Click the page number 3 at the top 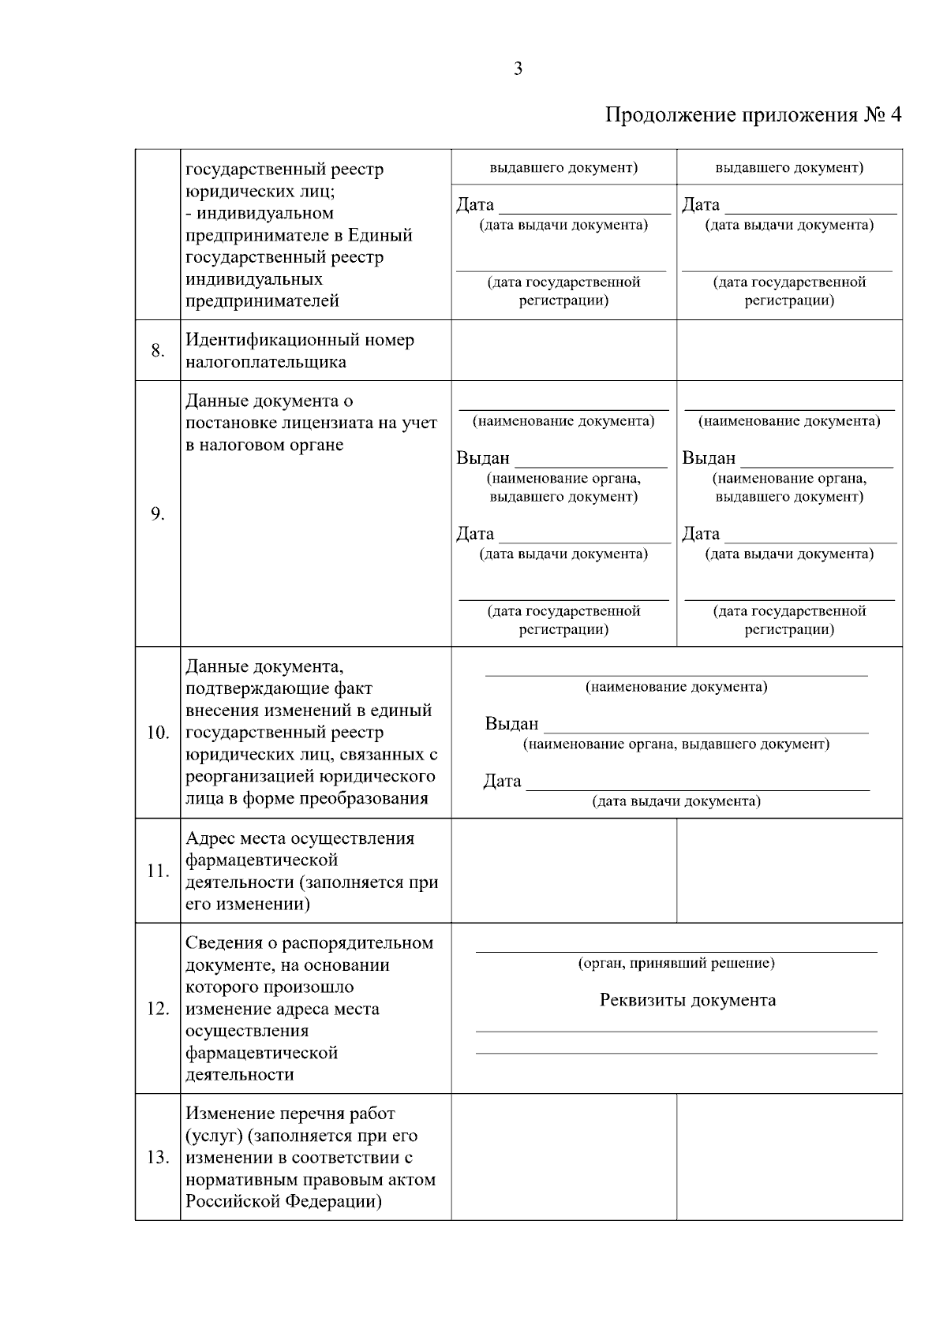tap(518, 69)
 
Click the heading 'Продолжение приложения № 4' tap(753, 115)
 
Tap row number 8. tap(158, 351)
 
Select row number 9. tap(158, 514)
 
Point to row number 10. tap(158, 733)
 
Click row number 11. tap(158, 871)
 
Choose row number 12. tap(158, 1009)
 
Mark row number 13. tap(158, 1158)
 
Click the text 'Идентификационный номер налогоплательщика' tap(299, 351)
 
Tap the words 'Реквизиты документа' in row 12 tap(687, 1000)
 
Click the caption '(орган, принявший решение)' tap(676, 963)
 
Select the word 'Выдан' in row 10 tap(511, 723)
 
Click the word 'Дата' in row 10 tap(502, 781)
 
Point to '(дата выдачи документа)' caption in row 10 tap(676, 801)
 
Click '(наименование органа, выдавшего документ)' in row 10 tap(676, 744)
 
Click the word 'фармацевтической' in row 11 tap(261, 860)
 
